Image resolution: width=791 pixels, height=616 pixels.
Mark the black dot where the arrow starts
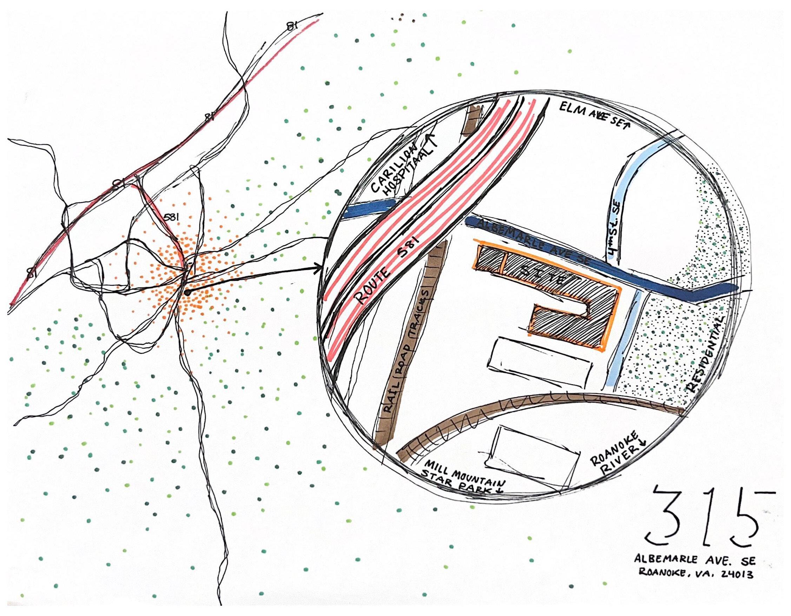(187, 292)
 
